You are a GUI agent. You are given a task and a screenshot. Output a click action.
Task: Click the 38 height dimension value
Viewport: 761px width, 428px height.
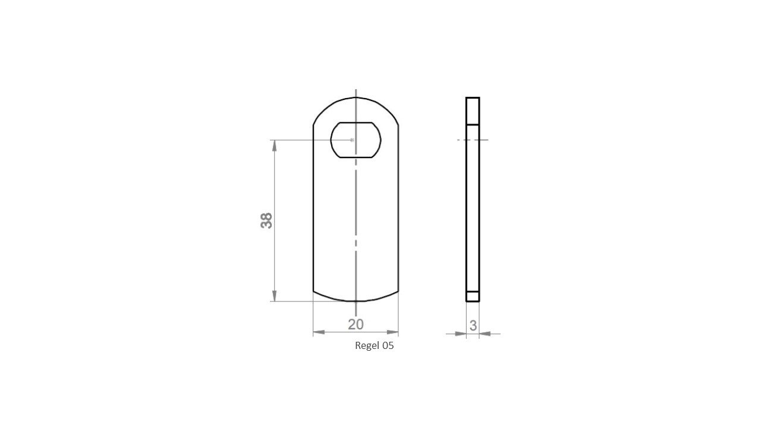[x=266, y=221]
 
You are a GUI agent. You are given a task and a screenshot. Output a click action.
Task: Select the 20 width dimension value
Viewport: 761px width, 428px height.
[x=356, y=324]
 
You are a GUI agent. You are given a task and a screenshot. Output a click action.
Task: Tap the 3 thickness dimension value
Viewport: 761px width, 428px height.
[x=473, y=326]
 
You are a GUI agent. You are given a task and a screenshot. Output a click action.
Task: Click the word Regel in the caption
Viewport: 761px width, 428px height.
[x=367, y=346]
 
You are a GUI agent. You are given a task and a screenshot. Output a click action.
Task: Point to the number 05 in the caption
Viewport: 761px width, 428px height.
[x=388, y=346]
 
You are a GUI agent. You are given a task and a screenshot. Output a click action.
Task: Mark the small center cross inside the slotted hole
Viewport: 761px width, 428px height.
[x=353, y=140]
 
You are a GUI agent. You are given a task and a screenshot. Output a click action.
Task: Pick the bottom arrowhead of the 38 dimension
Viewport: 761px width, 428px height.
[x=274, y=296]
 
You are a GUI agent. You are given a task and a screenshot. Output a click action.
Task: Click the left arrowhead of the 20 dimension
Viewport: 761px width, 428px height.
[x=319, y=332]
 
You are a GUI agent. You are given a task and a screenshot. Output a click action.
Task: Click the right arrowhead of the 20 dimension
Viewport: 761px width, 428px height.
[x=393, y=332]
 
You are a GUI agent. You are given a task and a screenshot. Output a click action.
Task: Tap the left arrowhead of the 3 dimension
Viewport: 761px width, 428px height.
[x=461, y=333]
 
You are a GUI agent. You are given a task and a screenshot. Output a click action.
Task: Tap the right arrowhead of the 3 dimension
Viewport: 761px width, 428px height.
[x=485, y=333]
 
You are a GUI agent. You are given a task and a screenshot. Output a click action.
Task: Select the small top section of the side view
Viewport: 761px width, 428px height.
[x=473, y=111]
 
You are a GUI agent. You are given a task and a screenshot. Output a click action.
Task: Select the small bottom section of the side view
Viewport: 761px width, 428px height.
[x=473, y=296]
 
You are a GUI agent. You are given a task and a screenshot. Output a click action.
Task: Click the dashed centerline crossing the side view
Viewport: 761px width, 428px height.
[x=473, y=140]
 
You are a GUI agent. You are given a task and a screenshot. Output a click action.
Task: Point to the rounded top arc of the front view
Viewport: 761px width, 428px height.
[x=356, y=97]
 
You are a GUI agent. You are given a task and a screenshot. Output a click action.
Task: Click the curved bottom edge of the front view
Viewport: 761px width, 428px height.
[x=356, y=301]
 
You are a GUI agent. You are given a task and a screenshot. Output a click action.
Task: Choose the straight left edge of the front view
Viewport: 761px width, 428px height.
[x=313, y=208]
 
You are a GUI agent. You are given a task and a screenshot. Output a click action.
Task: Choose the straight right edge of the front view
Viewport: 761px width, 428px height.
[x=398, y=208]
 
